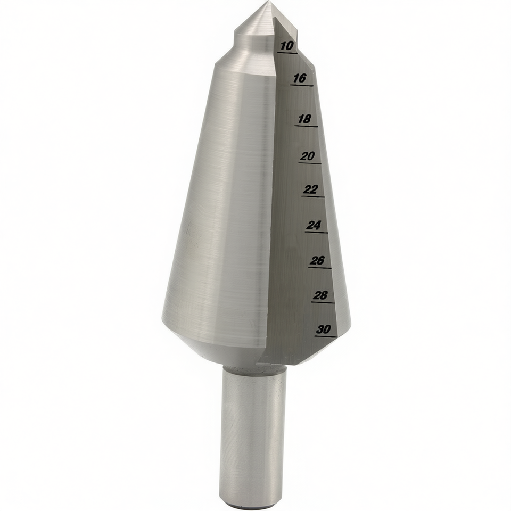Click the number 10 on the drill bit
click(287, 46)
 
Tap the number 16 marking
click(300, 78)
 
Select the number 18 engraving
click(304, 119)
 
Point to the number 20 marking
click(308, 156)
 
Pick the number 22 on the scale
click(310, 189)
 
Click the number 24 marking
click(314, 225)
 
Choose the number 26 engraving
click(317, 261)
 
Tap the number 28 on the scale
click(320, 295)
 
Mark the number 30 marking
click(324, 329)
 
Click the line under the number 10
click(287, 53)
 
